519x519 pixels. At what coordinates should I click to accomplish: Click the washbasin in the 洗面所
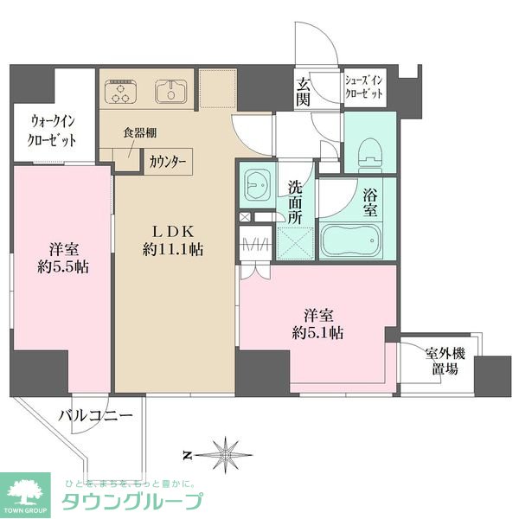pyautogui.click(x=259, y=184)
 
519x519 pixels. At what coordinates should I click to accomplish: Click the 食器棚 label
pyautogui.click(x=138, y=133)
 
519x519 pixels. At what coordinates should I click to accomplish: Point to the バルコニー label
pyautogui.click(x=95, y=416)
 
